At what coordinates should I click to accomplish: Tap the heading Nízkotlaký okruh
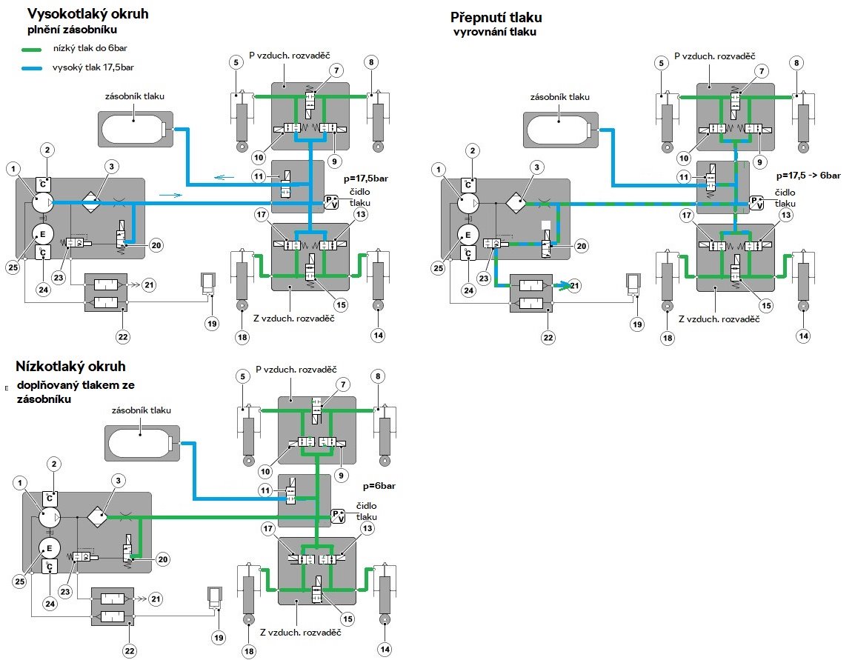tap(70, 367)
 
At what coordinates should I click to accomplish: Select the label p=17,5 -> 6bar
tap(806, 176)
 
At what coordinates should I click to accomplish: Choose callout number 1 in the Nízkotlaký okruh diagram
tap(19, 483)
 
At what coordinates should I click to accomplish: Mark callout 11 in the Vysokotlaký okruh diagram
tap(259, 177)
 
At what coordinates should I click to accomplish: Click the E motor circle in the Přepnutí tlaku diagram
tap(467, 236)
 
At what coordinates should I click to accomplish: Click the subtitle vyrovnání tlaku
tap(495, 32)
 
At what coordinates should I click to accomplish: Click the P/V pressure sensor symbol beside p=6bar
tap(338, 516)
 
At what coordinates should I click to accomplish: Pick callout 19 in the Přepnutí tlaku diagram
tap(637, 324)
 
